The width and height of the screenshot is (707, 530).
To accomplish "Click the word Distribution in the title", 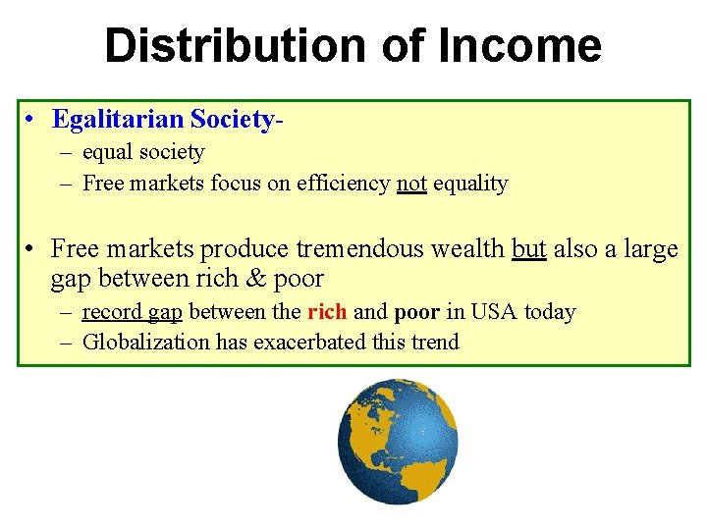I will click(224, 46).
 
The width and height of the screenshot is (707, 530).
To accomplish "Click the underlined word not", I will click(411, 184).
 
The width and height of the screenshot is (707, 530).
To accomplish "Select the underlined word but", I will click(529, 249).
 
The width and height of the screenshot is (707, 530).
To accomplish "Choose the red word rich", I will click(327, 313).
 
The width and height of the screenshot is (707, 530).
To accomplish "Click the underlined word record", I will click(112, 313).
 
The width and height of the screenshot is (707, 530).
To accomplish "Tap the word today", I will click(550, 313).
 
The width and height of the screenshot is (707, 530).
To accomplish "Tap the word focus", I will click(235, 184).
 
